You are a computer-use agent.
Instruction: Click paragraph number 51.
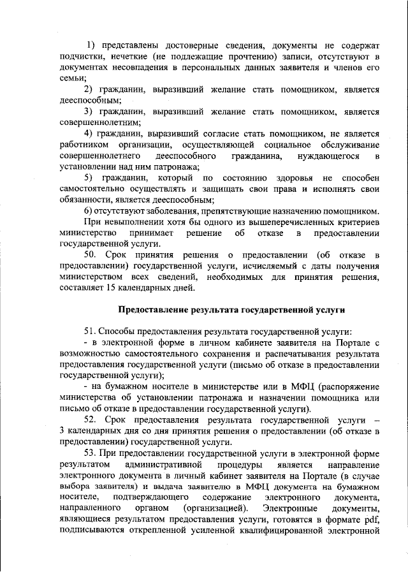[x=91, y=333]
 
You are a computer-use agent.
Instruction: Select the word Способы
[x=122, y=333]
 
